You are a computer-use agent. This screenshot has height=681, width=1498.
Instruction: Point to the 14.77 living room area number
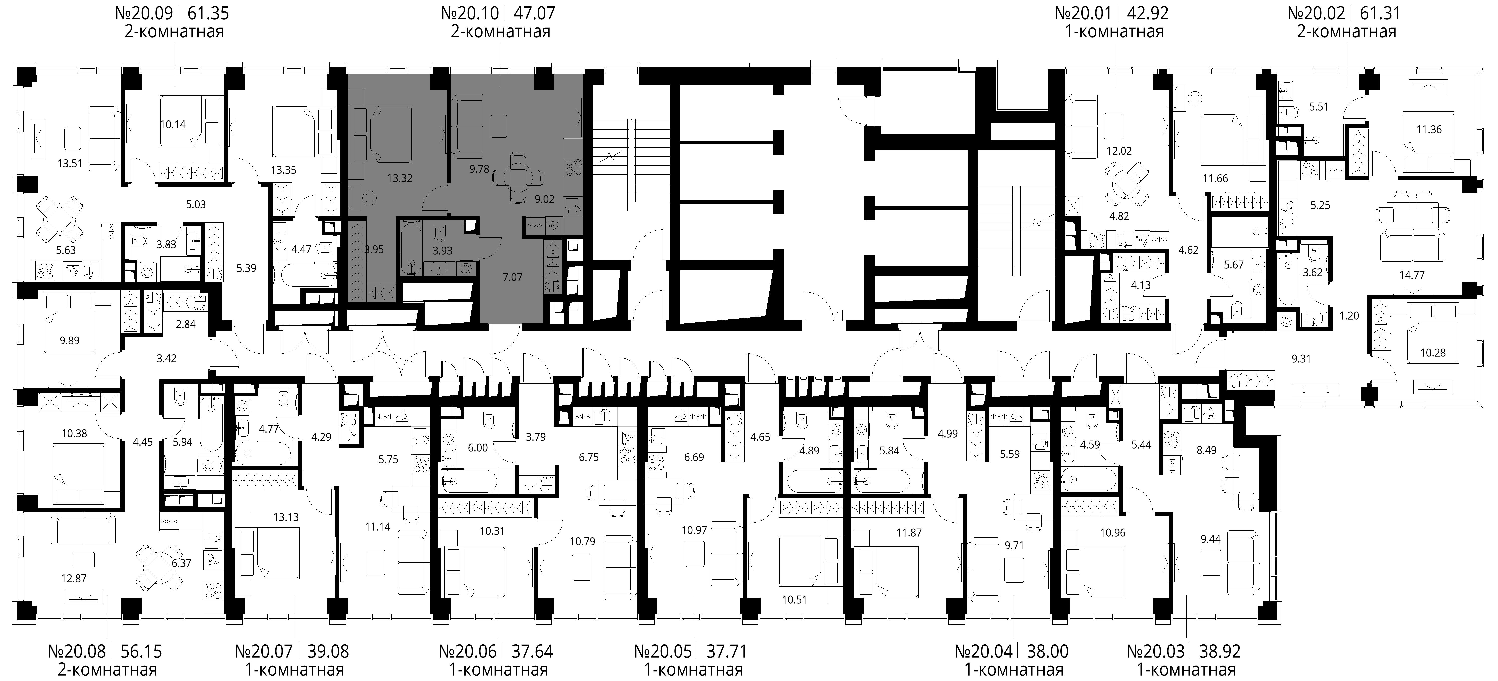[1411, 275]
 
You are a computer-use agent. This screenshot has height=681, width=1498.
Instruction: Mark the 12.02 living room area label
[1119, 151]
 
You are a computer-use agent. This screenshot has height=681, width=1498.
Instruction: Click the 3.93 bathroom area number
[443, 251]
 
